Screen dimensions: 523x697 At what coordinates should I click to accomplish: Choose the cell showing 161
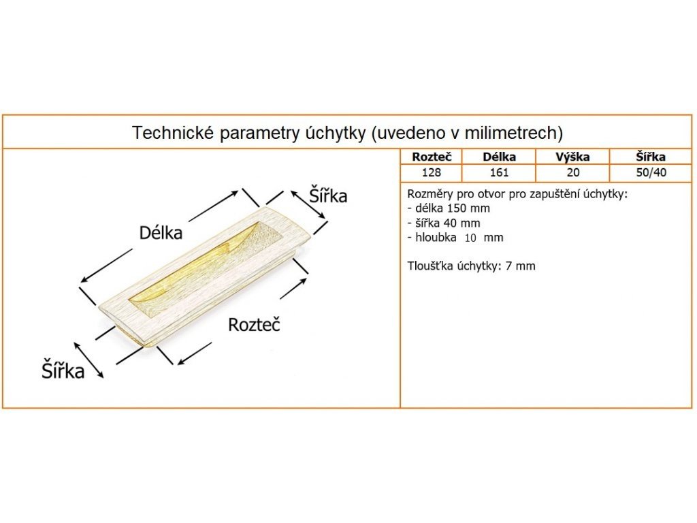point(499,172)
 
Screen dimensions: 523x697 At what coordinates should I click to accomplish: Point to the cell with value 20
point(572,172)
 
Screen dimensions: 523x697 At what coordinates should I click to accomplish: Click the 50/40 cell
point(650,172)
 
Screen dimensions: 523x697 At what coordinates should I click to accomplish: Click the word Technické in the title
point(172,132)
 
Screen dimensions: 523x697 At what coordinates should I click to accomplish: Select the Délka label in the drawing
point(161,233)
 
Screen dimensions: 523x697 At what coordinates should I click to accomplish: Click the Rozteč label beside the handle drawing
point(254,325)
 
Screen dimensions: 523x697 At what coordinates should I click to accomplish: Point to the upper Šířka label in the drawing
point(328,196)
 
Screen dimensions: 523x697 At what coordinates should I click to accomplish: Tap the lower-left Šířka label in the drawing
point(63,372)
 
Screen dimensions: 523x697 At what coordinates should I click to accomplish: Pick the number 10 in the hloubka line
point(470,238)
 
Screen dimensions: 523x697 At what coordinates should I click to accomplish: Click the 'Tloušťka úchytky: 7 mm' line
point(470,266)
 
